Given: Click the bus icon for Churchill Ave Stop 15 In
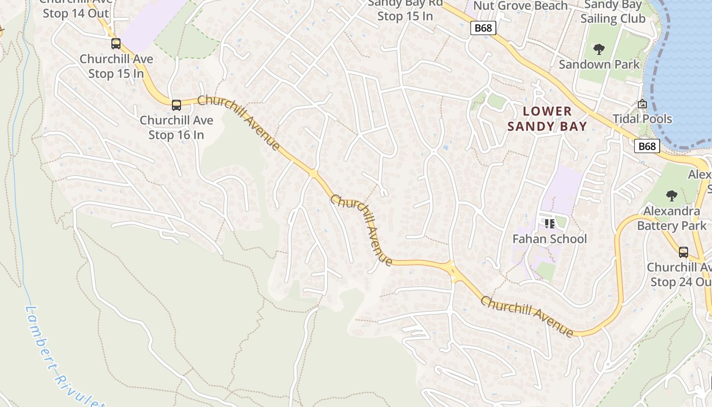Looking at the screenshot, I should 116,44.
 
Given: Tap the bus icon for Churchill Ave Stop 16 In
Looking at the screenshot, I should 176,105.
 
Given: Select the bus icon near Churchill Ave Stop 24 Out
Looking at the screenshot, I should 684,252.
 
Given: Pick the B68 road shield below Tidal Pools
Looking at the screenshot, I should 647,147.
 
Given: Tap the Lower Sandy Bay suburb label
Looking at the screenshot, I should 547,119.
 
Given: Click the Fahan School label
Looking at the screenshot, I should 549,239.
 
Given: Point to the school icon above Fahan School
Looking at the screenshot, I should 549,223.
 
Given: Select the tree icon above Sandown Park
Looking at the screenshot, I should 599,49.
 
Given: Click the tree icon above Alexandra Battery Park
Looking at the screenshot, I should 671,195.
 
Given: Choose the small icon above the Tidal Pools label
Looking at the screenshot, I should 642,104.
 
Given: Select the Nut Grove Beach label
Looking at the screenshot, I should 520,6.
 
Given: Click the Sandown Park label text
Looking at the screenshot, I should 599,65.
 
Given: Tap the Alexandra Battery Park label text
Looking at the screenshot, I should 671,218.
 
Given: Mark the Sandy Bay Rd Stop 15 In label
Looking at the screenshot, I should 405,10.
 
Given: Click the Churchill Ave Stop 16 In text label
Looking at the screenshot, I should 176,128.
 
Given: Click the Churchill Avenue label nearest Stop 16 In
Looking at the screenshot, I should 239,123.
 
